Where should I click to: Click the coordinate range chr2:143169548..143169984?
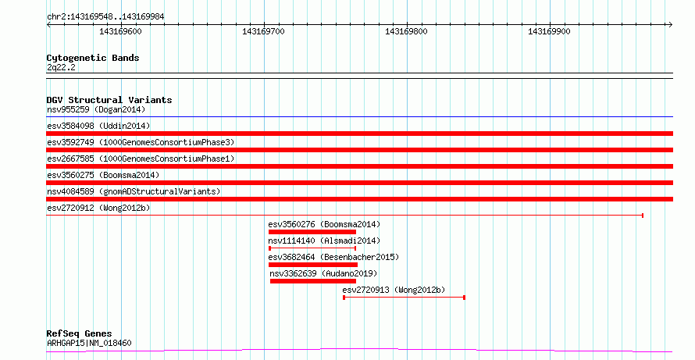coord(105,17)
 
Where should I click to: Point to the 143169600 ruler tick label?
coord(120,31)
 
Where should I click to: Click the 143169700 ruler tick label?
coord(263,31)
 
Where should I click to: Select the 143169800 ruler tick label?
coord(406,31)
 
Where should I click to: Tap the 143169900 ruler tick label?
coord(549,31)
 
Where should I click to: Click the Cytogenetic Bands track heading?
coord(93,58)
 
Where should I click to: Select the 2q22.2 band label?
coord(61,67)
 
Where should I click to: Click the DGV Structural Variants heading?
coord(109,100)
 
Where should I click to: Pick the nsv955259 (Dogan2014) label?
coord(96,109)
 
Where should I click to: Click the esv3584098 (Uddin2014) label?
coord(98,126)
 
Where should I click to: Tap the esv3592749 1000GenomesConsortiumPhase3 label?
coord(141,142)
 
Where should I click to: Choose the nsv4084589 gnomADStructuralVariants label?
coord(134,191)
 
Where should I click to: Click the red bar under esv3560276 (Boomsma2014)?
coord(312,232)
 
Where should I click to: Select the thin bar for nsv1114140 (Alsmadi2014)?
coord(312,248)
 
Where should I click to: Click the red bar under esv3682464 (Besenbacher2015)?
coord(313,265)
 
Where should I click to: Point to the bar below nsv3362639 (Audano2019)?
coord(313,281)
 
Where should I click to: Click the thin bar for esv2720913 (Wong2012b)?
coord(404,298)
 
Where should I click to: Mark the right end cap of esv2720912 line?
coord(643,216)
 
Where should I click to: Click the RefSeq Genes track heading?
coord(79,333)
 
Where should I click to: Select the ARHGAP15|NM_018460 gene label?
coord(89,343)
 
